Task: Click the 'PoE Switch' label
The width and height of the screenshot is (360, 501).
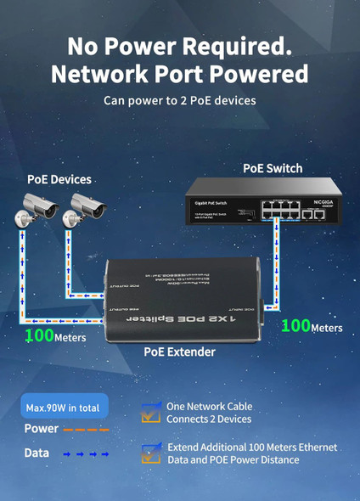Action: point(273,168)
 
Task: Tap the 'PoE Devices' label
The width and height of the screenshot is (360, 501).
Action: point(59,179)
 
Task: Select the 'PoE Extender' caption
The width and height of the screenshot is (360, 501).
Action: point(179,352)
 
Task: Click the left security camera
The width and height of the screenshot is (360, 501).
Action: point(41,205)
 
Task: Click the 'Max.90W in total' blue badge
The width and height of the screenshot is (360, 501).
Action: point(66,408)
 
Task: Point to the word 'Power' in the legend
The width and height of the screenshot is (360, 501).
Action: point(42,429)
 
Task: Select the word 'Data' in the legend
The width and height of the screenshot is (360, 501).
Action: point(37,453)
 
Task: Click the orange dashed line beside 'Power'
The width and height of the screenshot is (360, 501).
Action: point(87,430)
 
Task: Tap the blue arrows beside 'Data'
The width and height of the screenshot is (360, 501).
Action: point(87,454)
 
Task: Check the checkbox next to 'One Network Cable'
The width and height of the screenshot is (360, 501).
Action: point(150,412)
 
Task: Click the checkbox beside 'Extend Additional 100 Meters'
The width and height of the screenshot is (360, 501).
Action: point(150,453)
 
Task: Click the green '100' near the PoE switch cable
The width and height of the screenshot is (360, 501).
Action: point(295,325)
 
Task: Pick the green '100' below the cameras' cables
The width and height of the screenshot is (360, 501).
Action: point(39,335)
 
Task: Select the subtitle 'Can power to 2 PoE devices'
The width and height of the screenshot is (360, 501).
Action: point(179,101)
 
